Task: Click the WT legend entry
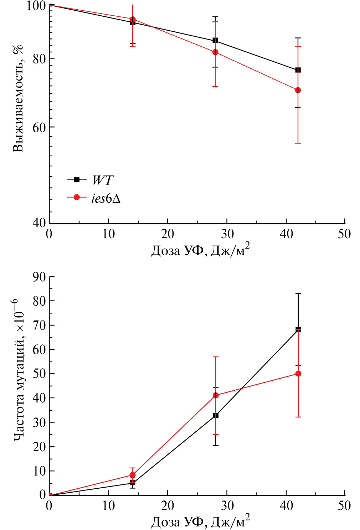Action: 102,180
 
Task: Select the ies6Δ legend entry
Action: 106,198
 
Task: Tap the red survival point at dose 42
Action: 298,90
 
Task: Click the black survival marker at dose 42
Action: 298,70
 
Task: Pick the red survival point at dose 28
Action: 215,52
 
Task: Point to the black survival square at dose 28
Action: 215,40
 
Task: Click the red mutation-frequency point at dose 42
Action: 298,374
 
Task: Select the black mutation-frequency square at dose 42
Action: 298,329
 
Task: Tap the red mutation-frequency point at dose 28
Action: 216,395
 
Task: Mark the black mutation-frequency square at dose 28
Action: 216,416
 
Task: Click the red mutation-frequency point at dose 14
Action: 133,475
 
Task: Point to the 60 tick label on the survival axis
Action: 39,128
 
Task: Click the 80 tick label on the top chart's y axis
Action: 39,59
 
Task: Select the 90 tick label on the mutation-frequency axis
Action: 39,277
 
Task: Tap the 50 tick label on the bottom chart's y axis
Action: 39,374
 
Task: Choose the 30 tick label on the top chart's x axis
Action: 227,234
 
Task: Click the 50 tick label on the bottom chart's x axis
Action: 344,506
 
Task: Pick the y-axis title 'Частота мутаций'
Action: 18,370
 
